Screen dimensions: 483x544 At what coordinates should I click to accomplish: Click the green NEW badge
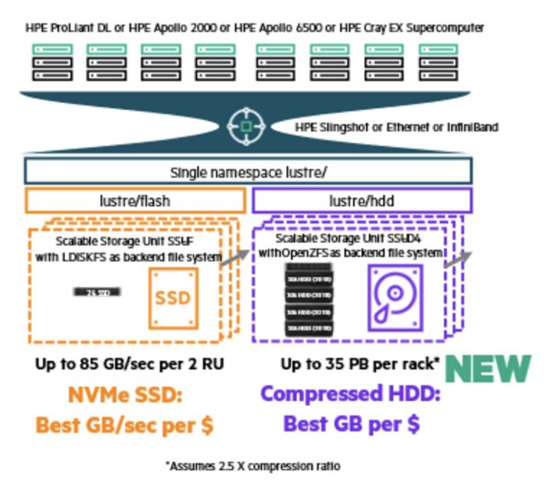tap(489, 370)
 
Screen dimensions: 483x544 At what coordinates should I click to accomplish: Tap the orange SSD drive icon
tap(174, 298)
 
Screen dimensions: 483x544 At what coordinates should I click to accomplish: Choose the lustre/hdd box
tap(362, 200)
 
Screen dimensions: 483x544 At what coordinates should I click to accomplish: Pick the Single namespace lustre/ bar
tap(248, 171)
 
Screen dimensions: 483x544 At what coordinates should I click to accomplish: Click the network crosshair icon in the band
tap(246, 124)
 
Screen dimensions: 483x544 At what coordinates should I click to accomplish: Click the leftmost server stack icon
tap(52, 63)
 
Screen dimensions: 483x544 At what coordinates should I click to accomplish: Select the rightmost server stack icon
tap(438, 63)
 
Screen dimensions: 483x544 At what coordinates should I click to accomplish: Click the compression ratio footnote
tap(252, 466)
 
